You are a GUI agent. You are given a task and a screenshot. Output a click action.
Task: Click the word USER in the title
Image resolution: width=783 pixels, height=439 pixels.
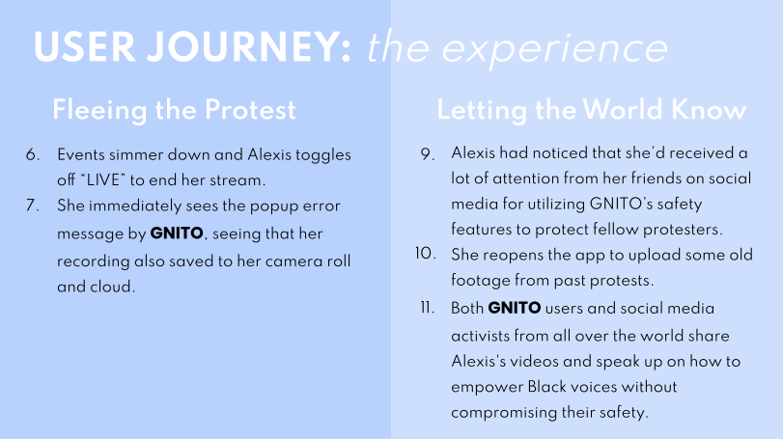coord(84,47)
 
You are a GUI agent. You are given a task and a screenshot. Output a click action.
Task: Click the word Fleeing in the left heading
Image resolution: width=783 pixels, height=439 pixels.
coord(99,111)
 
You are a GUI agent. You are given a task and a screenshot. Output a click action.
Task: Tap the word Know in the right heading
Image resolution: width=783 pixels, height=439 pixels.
coord(709,109)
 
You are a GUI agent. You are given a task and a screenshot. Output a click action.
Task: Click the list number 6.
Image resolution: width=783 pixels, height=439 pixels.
coord(33,154)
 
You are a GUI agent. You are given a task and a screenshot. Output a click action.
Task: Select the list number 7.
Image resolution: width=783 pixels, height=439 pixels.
coord(33,206)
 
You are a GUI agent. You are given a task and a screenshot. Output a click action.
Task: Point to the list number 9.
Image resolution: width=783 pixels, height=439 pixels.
coord(428,153)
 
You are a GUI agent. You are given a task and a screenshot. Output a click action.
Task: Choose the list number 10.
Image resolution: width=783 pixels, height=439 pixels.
coord(426,254)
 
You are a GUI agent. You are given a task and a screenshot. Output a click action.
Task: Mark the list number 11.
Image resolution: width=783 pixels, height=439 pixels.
coord(428,307)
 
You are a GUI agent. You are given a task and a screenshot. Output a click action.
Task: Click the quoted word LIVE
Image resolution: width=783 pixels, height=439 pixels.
coord(103,179)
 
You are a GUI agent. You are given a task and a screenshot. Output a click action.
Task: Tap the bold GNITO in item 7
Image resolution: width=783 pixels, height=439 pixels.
coord(177,233)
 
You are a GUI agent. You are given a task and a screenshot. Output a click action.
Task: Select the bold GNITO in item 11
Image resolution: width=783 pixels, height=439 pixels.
coord(515,307)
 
